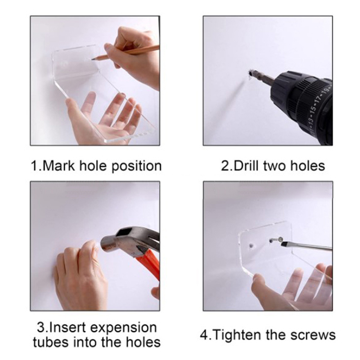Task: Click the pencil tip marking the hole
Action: pos(93,59)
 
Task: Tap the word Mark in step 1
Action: pos(59,166)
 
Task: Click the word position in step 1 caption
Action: pos(137,166)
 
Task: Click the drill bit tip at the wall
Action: pos(250,73)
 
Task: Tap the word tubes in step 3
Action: pos(51,342)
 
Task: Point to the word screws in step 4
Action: pos(313,336)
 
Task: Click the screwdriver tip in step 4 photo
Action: pos(283,244)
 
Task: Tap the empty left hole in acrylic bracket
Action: pos(252,246)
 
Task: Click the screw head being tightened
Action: pos(280,239)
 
